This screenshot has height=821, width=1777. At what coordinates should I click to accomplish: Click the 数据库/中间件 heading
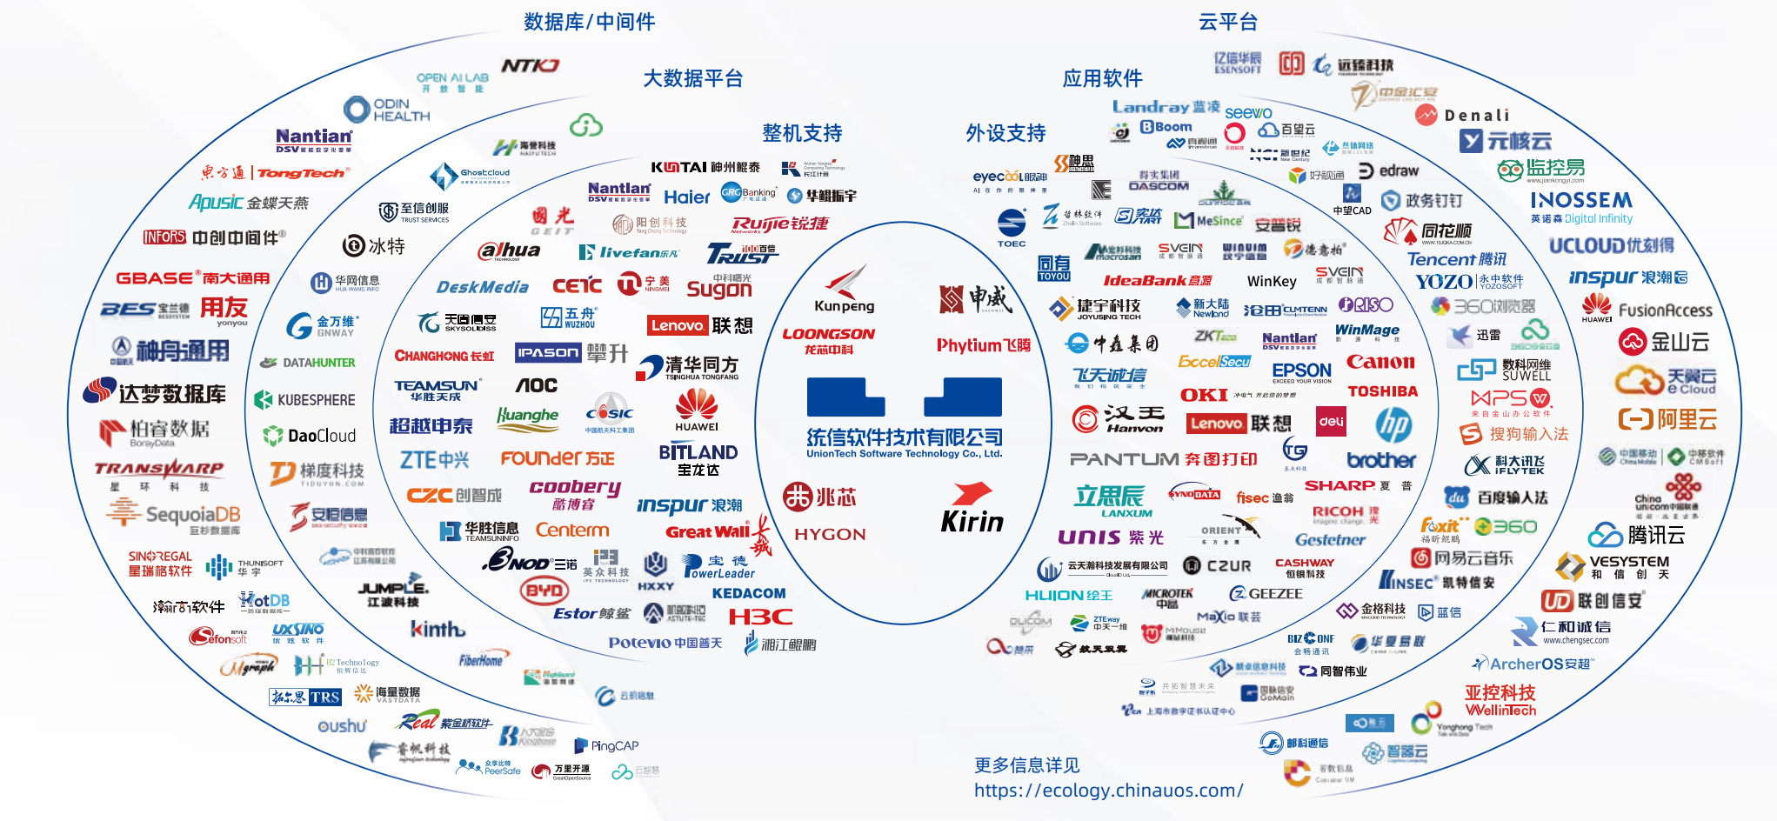(x=589, y=22)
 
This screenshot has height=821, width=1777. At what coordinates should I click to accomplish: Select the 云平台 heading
(x=1227, y=22)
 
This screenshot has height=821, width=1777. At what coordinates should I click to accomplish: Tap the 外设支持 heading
(x=1005, y=133)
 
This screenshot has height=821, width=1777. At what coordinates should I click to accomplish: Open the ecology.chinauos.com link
(x=1108, y=791)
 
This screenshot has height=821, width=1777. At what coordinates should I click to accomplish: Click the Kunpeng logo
(x=844, y=290)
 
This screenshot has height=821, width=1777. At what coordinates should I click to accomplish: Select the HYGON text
(x=830, y=534)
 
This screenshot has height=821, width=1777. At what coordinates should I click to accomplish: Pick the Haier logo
(x=687, y=197)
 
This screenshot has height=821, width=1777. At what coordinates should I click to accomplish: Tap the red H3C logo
(x=760, y=617)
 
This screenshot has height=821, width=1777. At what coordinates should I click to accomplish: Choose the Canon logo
(x=1380, y=362)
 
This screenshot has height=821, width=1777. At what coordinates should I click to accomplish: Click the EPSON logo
(x=1301, y=371)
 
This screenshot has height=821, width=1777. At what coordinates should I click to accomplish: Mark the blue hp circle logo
(x=1393, y=424)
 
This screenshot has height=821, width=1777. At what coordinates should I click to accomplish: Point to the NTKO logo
(x=530, y=66)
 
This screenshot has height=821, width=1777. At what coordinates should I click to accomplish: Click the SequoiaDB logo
(x=174, y=515)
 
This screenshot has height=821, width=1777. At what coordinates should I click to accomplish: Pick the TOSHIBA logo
(x=1382, y=391)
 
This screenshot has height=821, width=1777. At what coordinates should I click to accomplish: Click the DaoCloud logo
(x=310, y=436)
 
